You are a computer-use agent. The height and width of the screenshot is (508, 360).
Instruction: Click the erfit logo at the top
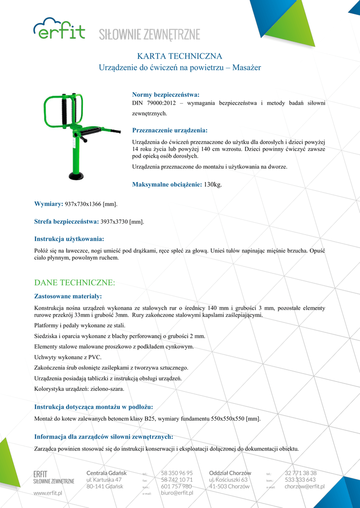coord(59,29)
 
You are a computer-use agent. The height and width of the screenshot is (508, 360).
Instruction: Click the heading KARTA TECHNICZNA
coord(179,56)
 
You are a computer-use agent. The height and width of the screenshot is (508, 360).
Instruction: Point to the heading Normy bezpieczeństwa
coord(165,94)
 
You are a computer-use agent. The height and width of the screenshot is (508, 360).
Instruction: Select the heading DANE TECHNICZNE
coord(74,283)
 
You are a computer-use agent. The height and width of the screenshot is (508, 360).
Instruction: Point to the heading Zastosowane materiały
coord(68,296)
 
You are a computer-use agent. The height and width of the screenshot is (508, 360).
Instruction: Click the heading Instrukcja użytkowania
coord(69,239)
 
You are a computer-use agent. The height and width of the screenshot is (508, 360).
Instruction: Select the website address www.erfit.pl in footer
coord(48,493)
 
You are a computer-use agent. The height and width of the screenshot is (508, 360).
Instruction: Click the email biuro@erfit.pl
coord(177,493)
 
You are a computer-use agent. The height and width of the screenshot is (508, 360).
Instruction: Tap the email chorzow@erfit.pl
coord(304,487)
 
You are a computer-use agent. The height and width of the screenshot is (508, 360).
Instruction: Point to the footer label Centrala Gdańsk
coord(106,473)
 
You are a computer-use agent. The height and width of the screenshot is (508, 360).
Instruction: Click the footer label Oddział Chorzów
coord(230,473)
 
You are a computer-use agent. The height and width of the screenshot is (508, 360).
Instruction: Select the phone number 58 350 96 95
coord(177,473)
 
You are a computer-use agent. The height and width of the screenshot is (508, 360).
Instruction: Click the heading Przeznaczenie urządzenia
coord(169,130)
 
